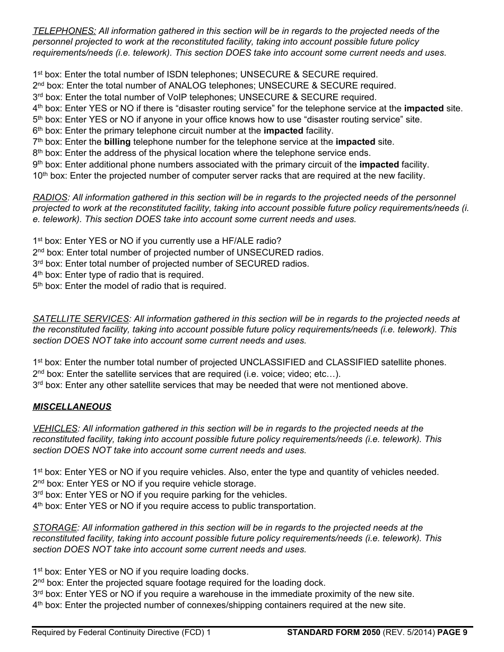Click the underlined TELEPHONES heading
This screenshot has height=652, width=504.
click(x=64, y=31)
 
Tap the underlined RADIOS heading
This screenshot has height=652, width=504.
click(x=50, y=197)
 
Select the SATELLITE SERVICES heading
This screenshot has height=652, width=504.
click(x=81, y=319)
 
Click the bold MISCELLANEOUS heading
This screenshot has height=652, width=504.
click(x=72, y=407)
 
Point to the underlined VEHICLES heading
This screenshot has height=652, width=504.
click(x=55, y=428)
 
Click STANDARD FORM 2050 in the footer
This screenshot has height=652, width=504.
click(x=333, y=632)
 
